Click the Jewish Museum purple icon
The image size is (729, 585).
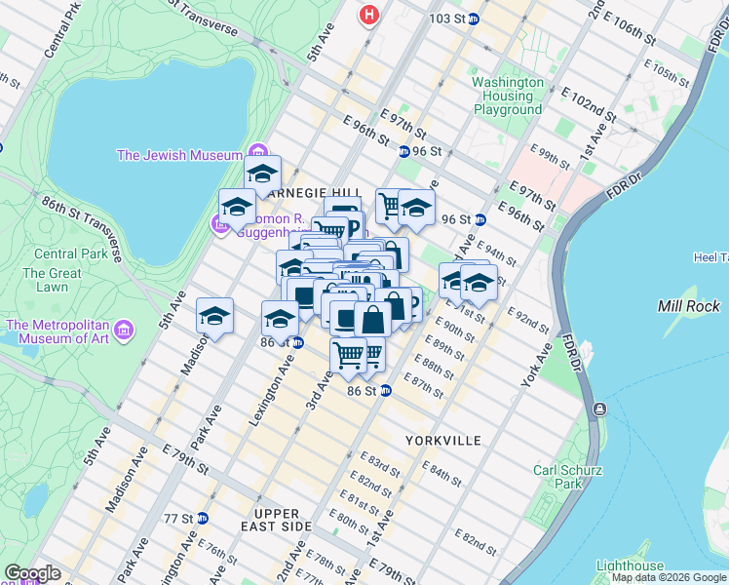point(257,154)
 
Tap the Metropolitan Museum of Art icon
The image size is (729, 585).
point(123,331)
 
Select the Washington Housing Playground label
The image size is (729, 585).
point(507,96)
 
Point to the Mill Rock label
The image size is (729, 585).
point(689,306)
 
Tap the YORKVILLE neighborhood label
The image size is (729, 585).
point(443,441)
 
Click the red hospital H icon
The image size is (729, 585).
point(368,15)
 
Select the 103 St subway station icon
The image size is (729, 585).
point(474,19)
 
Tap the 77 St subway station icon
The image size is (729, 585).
point(202,518)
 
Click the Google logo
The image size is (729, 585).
point(32,573)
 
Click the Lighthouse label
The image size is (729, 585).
point(630,565)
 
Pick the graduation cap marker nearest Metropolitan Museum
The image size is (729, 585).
point(214,316)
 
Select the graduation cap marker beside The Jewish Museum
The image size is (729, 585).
point(262,175)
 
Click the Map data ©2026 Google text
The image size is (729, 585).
point(669,577)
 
